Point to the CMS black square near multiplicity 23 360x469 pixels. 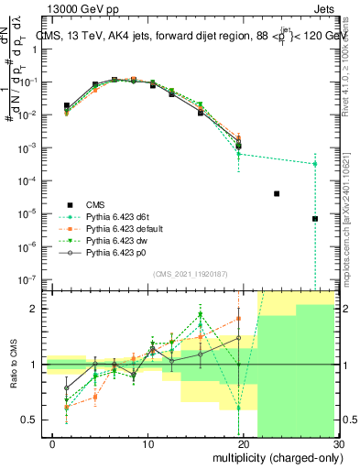(x=277, y=193)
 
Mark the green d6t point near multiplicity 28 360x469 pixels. (x=315, y=164)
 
